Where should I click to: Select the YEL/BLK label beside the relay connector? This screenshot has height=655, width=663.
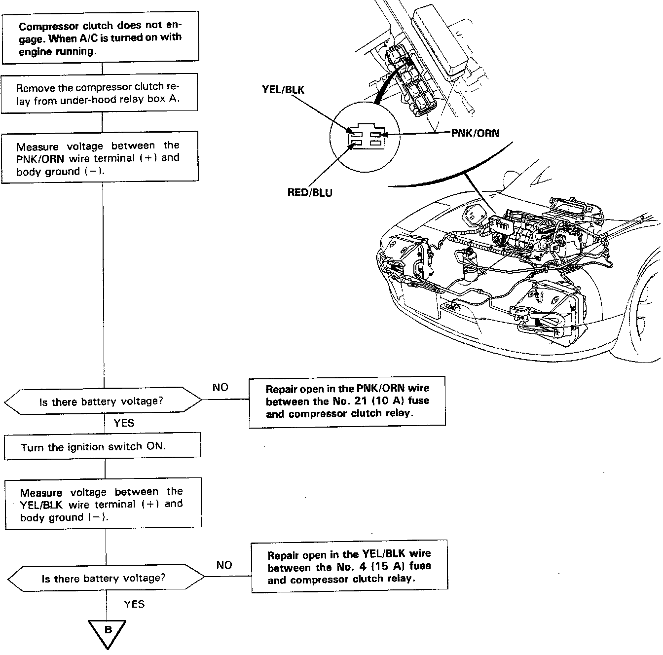(x=283, y=90)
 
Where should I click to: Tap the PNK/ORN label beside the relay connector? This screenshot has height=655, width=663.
(x=475, y=133)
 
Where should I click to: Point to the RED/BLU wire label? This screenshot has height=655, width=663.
(x=310, y=192)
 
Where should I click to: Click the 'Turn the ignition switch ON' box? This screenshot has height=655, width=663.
(x=103, y=447)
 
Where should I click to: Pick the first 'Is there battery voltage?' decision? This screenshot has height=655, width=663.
(x=103, y=401)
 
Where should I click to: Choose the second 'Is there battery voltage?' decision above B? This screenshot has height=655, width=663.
(x=106, y=578)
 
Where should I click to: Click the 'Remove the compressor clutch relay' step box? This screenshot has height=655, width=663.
(x=100, y=93)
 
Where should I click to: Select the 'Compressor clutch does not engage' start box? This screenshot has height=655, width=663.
(x=100, y=38)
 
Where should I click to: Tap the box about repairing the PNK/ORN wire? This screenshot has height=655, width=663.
(x=347, y=401)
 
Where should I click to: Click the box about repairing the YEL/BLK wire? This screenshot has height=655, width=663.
(x=349, y=567)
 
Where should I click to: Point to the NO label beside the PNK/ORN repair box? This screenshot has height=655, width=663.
(x=220, y=387)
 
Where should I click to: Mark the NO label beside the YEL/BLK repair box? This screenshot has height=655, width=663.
(x=224, y=565)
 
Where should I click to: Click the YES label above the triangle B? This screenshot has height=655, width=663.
(x=134, y=604)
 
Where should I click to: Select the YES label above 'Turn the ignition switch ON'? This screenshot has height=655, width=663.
(x=123, y=423)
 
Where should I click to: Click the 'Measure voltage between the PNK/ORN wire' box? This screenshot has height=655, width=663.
(x=100, y=158)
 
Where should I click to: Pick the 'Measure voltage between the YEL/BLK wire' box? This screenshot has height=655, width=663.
(x=103, y=504)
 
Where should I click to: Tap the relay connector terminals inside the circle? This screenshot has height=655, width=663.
(x=366, y=138)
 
